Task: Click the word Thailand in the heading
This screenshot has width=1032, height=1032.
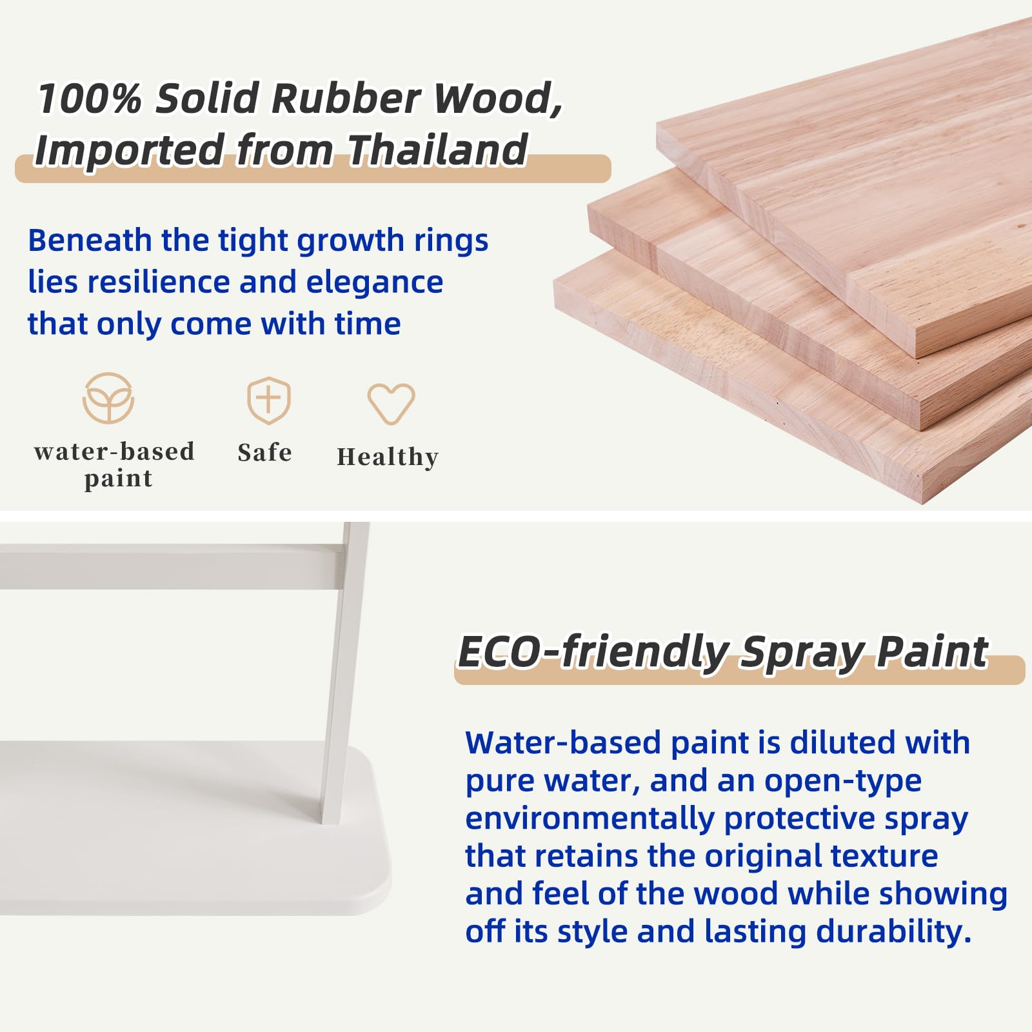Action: point(438,150)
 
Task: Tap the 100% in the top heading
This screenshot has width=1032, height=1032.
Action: point(90,98)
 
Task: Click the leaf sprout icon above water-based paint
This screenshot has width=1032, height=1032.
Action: point(108,398)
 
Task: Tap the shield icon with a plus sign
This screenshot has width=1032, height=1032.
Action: point(269,400)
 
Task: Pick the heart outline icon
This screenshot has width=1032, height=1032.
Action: point(391,404)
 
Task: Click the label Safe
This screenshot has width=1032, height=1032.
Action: point(264,452)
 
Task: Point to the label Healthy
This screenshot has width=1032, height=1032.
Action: point(388,457)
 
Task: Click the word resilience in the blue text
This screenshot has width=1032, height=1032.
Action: point(159,282)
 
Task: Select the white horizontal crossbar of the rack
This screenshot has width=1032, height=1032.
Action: point(171,566)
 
